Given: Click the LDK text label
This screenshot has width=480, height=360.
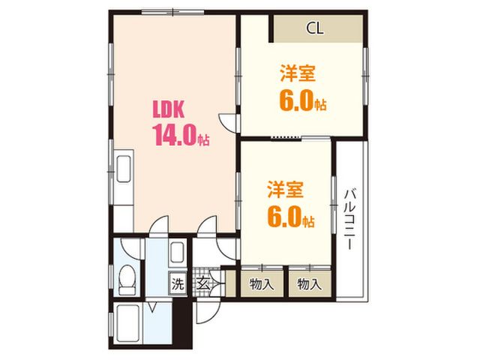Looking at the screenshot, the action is pos(169,109).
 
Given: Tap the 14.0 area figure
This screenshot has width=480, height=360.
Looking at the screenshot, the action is pos(175,135).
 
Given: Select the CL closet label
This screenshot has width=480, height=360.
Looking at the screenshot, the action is pos(315,28).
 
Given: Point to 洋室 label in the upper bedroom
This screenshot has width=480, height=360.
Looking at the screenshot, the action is pos(298,73).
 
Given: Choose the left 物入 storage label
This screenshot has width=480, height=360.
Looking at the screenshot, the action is pos(262,284).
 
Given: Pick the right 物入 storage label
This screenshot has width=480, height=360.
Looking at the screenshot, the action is pos(310,284).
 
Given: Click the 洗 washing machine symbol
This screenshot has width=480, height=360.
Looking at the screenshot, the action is pos(178,283).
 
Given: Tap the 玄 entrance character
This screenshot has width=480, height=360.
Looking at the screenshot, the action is pos(203,283).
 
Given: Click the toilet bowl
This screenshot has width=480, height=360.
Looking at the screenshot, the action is pos(127,280).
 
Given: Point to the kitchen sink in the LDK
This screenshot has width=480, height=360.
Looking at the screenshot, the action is pos(124,169).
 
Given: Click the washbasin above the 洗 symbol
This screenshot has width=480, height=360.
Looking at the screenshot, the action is pos(177,253).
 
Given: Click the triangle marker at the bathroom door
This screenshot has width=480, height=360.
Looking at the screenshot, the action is pos(153,307).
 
